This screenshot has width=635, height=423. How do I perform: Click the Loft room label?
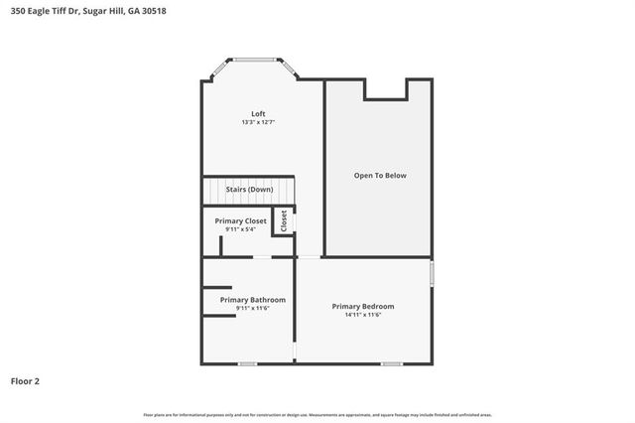click(258, 113)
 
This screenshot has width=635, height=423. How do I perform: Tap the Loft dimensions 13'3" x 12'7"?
click(258, 122)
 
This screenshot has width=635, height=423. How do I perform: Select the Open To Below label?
click(380, 176)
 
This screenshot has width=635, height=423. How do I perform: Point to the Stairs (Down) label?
click(249, 189)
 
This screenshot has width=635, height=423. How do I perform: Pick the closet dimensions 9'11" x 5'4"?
click(240, 229)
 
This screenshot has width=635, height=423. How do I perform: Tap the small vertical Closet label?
click(284, 220)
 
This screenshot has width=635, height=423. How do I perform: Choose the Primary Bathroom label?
click(253, 300)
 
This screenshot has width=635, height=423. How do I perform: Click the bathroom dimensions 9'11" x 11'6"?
click(253, 309)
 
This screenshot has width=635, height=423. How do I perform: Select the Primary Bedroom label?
click(362, 306)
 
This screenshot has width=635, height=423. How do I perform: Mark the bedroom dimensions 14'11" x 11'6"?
click(362, 315)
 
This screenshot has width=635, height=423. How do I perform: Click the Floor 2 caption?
click(25, 380)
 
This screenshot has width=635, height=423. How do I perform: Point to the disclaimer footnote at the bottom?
click(317, 414)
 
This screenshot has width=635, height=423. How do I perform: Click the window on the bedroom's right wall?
click(432, 272)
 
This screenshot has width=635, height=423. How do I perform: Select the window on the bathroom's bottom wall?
click(247, 362)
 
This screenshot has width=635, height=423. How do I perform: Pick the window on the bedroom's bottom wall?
click(392, 362)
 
